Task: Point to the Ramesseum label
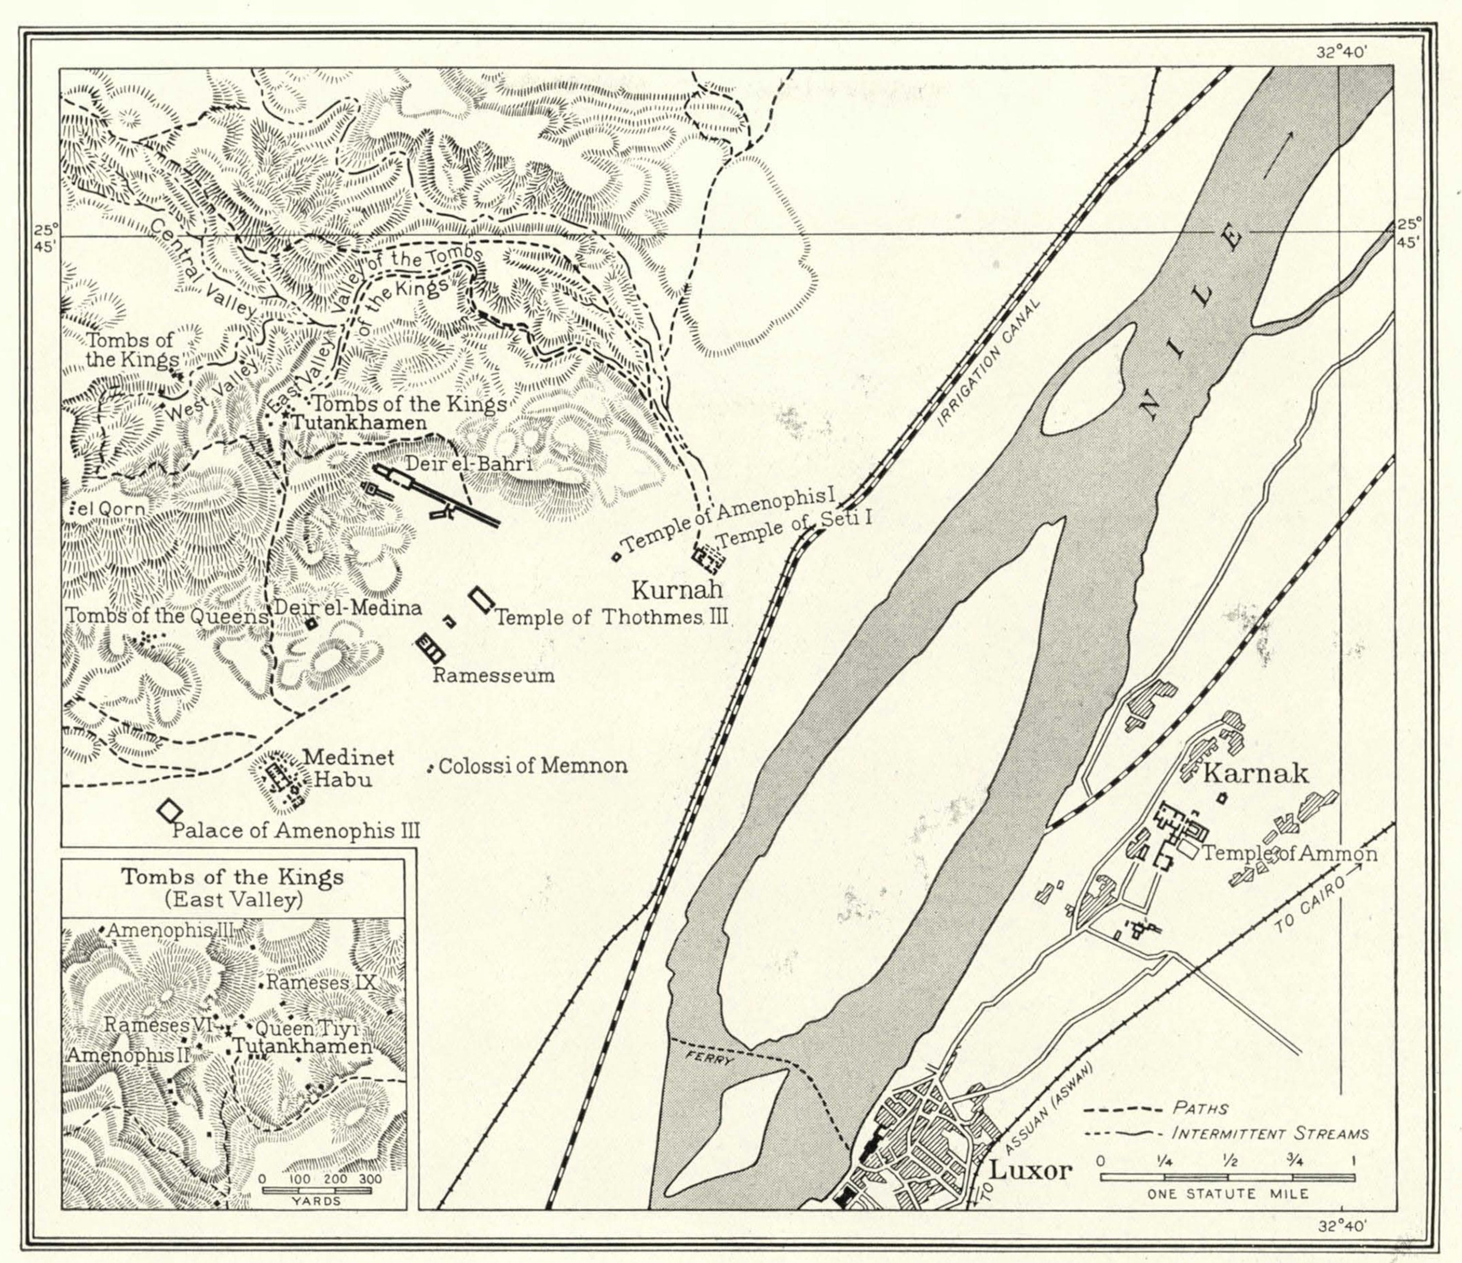[493, 675]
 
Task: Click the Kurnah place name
[677, 589]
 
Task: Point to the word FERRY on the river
[711, 1061]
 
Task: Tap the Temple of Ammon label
[1289, 853]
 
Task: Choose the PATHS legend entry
[1199, 1108]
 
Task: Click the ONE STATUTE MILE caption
[1228, 1194]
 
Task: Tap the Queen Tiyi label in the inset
[307, 1029]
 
